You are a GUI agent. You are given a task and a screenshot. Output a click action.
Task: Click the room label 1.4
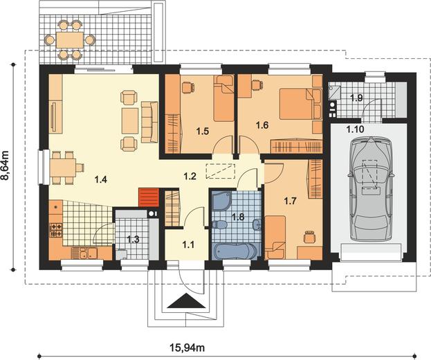coord(100,179)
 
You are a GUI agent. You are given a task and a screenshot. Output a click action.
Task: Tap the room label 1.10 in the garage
coord(355,129)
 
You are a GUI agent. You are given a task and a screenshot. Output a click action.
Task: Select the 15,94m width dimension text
coord(187,348)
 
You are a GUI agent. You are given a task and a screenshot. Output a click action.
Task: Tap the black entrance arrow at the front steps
coord(186,300)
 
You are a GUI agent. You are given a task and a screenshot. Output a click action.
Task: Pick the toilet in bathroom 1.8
coord(219,225)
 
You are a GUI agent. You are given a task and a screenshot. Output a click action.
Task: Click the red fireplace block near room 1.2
coord(149,197)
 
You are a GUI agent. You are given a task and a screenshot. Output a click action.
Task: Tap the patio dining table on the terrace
coord(70,40)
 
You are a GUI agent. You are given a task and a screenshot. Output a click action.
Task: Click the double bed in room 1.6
coord(300,104)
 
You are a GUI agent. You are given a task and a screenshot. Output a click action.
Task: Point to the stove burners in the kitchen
coord(56,230)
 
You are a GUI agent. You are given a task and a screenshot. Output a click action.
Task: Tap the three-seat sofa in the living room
coord(149,122)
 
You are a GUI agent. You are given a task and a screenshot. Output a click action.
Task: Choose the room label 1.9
coord(356,98)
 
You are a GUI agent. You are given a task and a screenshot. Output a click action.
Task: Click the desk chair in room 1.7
coord(310,237)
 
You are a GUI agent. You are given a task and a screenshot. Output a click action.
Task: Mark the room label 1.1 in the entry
coord(189,244)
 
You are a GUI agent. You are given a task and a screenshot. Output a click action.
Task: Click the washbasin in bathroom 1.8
coord(257,224)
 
